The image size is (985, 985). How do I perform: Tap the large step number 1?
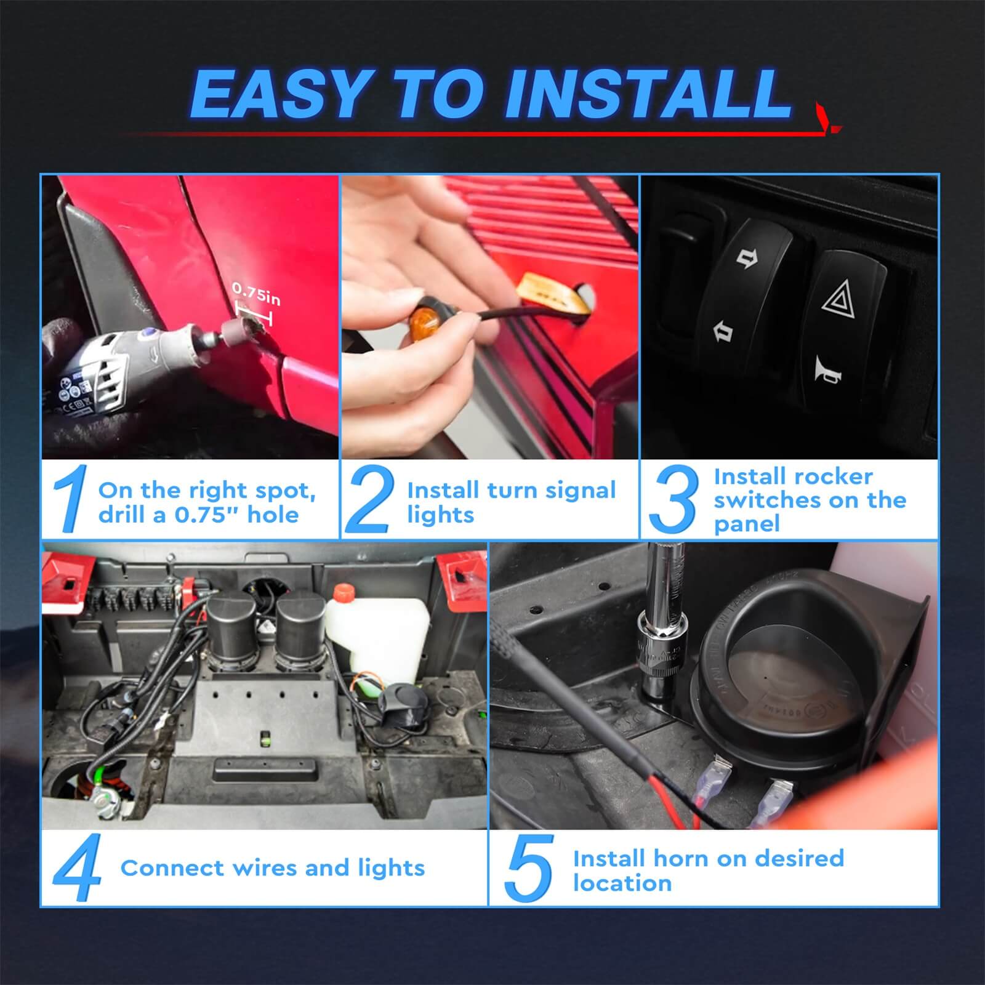tap(69, 499)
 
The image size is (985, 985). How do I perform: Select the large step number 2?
tap(369, 499)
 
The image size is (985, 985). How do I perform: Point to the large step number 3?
tap(673, 499)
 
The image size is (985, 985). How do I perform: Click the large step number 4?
tap(76, 868)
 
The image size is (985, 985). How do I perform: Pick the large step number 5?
tap(528, 868)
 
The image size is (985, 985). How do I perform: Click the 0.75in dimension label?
tap(256, 294)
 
